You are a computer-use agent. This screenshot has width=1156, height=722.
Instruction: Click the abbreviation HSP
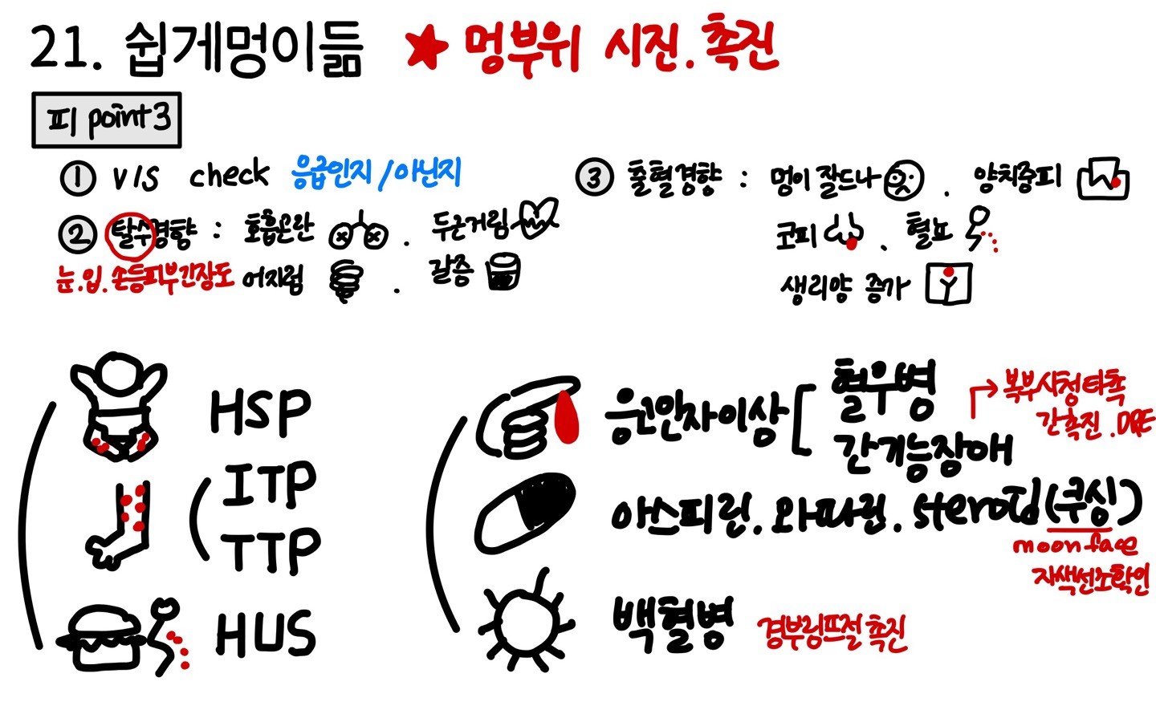pyautogui.click(x=260, y=412)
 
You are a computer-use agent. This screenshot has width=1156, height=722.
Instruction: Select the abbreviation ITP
pyautogui.click(x=269, y=485)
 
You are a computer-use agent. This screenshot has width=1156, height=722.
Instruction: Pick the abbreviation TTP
pyautogui.click(x=271, y=551)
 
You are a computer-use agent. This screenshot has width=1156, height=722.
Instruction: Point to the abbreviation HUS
pyautogui.click(x=265, y=633)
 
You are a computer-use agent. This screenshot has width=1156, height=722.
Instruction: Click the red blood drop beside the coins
pyautogui.click(x=568, y=418)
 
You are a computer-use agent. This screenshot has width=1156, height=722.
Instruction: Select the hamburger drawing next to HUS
pyautogui.click(x=102, y=639)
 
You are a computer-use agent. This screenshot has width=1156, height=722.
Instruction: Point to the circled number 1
pyautogui.click(x=78, y=177)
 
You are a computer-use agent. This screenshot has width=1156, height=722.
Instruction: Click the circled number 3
pyautogui.click(x=594, y=176)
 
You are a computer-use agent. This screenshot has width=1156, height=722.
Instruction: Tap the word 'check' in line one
pyautogui.click(x=229, y=174)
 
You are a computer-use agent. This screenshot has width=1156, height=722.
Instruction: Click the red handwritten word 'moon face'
pyautogui.click(x=1074, y=546)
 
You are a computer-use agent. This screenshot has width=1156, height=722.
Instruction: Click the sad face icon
pyautogui.click(x=903, y=181)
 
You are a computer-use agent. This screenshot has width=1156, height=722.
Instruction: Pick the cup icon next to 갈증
pyautogui.click(x=503, y=273)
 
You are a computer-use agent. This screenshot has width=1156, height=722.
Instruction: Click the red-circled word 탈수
pyautogui.click(x=131, y=234)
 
